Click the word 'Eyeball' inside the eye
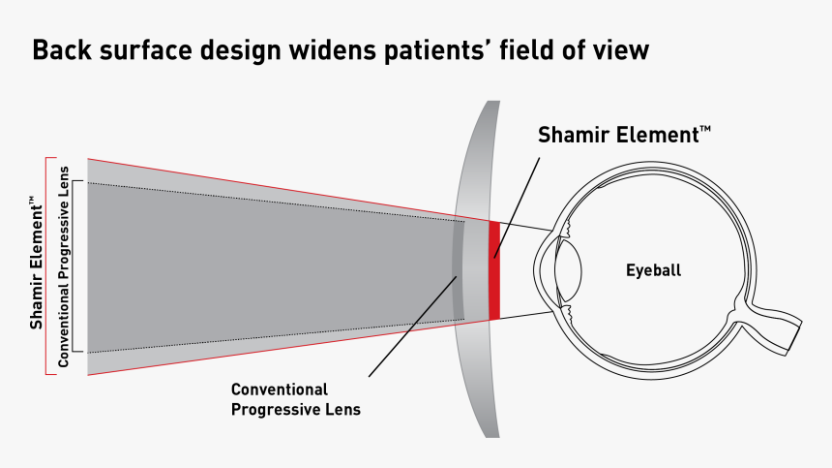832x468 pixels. pyautogui.click(x=653, y=270)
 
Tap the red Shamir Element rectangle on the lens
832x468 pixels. pyautogui.click(x=494, y=270)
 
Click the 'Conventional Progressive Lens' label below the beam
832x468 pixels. pyautogui.click(x=295, y=399)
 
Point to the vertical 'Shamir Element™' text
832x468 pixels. pyautogui.click(x=36, y=264)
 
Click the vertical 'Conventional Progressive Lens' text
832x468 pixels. pyautogui.click(x=64, y=266)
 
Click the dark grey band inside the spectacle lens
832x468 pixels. pyautogui.click(x=459, y=270)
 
